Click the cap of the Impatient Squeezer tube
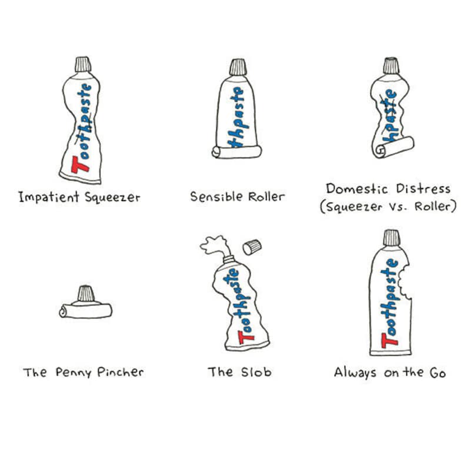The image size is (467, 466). click(x=83, y=64)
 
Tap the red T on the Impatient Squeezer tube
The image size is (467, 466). click(x=79, y=165)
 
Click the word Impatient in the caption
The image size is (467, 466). click(x=49, y=197)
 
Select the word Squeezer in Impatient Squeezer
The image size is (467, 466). click(x=112, y=197)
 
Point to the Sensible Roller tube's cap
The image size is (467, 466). click(x=238, y=67)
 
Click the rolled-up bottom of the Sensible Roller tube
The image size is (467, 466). click(x=237, y=152)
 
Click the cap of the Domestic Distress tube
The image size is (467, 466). click(x=391, y=65)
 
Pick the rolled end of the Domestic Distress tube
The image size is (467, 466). click(x=393, y=147)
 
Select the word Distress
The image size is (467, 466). click(x=423, y=189)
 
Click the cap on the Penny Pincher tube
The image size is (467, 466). click(x=86, y=293)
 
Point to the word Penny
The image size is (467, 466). click(x=73, y=373)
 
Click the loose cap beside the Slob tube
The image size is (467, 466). click(x=252, y=247)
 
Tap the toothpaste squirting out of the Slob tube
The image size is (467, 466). click(x=216, y=246)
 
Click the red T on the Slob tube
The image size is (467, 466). click(x=245, y=338)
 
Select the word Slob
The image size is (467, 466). click(x=256, y=372)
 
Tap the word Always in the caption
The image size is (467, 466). click(x=355, y=373)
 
